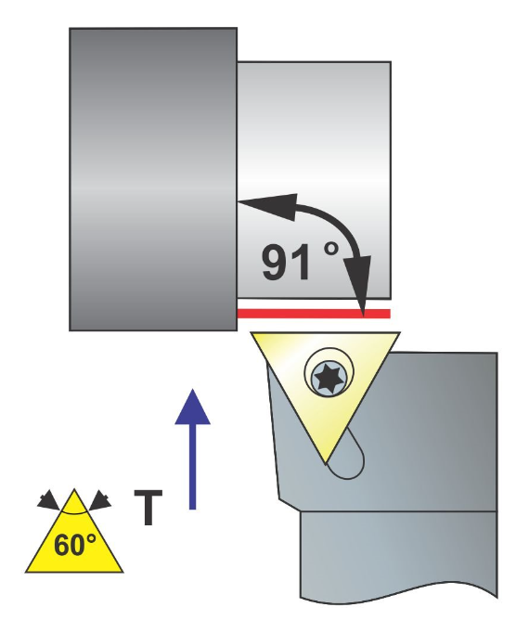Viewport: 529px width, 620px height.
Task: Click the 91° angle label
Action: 301,262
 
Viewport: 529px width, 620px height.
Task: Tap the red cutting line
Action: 314,314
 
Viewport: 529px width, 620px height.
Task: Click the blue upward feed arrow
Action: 192,449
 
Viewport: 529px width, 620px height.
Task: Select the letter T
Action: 148,508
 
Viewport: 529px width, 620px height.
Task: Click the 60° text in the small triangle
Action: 75,545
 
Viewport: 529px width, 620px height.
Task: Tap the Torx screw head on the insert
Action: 329,378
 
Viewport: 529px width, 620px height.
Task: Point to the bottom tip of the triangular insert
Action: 326,463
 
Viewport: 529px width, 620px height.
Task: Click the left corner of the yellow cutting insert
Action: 251,332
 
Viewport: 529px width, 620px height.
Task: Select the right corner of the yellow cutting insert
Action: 400,332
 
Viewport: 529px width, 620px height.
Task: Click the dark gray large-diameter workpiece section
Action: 153,179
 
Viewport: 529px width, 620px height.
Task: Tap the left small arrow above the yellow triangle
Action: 48,500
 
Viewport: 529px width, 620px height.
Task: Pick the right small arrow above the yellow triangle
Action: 99,500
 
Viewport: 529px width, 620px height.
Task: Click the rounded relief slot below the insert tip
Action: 348,457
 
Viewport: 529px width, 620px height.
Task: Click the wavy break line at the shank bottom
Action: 398,593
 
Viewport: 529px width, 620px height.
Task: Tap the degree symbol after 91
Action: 331,249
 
